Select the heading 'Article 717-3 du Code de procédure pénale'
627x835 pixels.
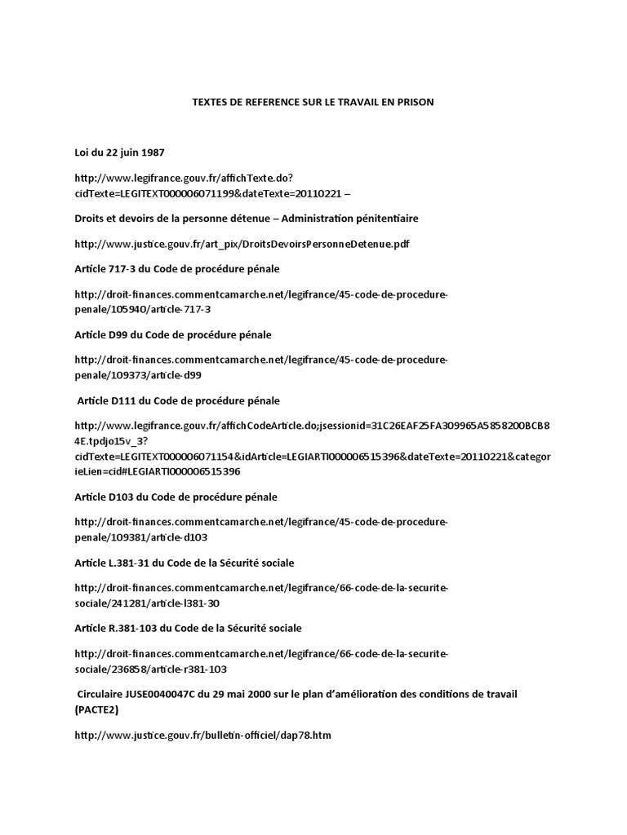point(176,268)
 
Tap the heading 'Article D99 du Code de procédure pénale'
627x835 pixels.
point(172,335)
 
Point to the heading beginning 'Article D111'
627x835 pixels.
point(178,400)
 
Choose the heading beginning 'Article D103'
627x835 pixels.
point(176,497)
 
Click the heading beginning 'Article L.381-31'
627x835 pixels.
point(184,563)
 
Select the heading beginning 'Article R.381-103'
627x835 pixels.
point(187,628)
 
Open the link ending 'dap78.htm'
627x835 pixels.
point(202,736)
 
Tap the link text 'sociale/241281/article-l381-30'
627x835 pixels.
point(147,603)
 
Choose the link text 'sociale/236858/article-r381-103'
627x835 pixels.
point(150,669)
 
